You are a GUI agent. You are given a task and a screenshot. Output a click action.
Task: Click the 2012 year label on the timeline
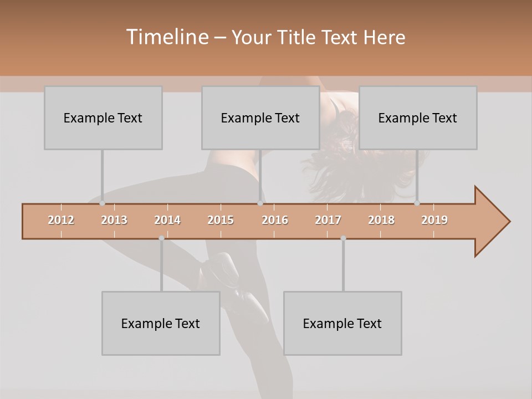pos(61,220)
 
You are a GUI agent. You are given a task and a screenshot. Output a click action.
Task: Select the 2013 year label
pos(114,220)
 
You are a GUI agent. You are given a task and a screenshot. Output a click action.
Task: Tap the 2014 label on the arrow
pos(167,220)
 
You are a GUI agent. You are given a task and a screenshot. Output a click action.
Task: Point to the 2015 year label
pos(221,220)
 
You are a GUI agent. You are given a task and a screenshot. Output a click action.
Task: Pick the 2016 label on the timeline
pos(275,220)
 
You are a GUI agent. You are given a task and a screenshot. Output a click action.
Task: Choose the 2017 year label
pos(328,220)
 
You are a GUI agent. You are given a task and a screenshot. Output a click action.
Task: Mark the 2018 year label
pos(381,220)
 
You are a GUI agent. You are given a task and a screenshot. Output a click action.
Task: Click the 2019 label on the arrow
pos(434,220)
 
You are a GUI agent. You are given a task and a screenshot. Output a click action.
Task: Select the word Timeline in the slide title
pos(166,37)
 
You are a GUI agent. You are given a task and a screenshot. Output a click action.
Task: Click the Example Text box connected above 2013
pos(103,117)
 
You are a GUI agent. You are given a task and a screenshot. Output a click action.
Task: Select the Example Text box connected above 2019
pos(418,117)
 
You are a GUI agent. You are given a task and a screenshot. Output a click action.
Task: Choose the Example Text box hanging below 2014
pos(161,323)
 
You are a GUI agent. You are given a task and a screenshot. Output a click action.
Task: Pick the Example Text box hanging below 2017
pos(342,323)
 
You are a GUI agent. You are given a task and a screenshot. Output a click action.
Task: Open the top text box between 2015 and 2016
pos(260,117)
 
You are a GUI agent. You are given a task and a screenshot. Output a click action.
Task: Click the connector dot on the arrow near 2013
pos(102,203)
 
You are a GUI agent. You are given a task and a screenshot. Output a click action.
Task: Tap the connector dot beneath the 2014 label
pos(161,238)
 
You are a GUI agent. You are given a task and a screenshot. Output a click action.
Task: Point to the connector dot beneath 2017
pos(343,238)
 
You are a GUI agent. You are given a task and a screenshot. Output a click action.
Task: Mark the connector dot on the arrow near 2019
pos(417,203)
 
